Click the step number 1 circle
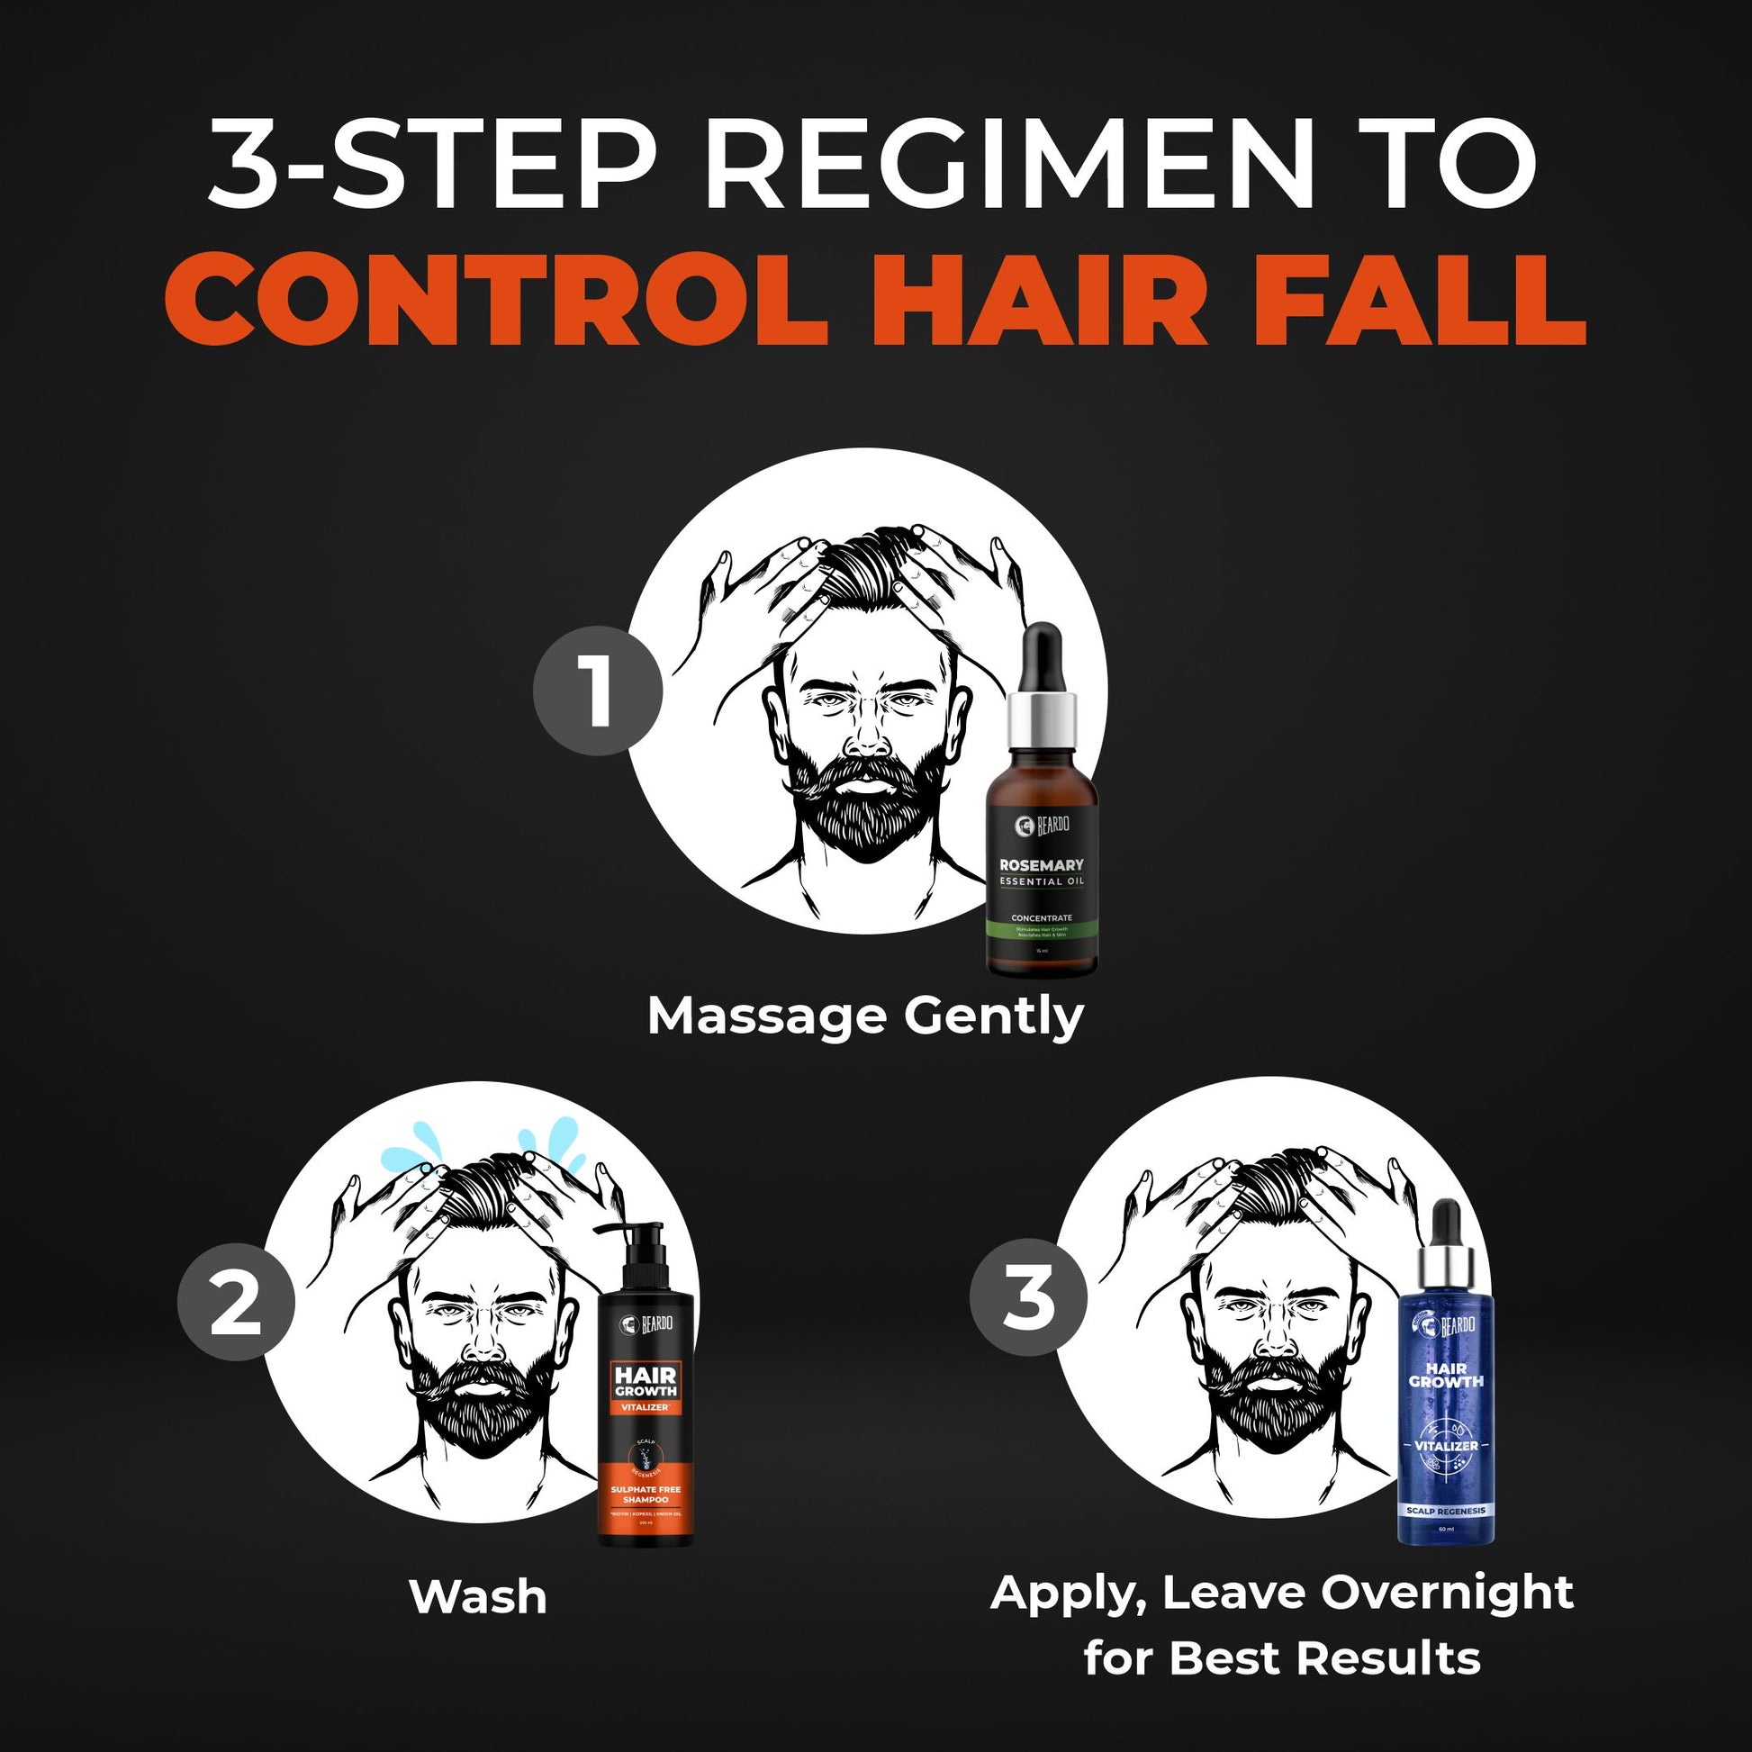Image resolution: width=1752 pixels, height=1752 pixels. pyautogui.click(x=598, y=694)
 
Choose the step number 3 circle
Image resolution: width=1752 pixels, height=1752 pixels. pyautogui.click(x=1028, y=1297)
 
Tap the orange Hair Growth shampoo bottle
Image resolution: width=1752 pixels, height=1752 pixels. pyautogui.click(x=646, y=1396)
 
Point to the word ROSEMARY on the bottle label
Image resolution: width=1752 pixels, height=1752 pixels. pyautogui.click(x=1041, y=865)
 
